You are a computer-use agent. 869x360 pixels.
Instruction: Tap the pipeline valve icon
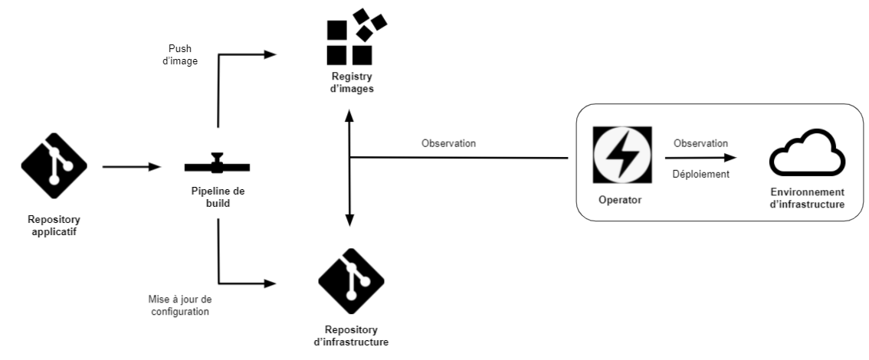(x=217, y=165)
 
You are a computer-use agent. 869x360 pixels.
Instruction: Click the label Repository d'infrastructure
(x=352, y=335)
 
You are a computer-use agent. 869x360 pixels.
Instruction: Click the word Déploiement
(x=700, y=174)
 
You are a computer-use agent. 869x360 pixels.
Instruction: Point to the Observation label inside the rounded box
(x=700, y=143)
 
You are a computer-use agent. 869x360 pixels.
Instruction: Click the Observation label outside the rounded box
(x=448, y=143)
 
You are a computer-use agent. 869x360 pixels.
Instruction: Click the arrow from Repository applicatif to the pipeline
(x=131, y=165)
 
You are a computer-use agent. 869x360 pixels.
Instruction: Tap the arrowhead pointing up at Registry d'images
(x=349, y=116)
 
